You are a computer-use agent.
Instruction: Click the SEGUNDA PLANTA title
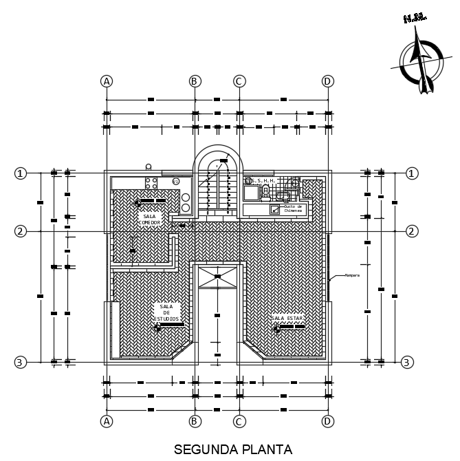click(233, 449)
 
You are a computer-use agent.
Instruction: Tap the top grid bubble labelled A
click(106, 81)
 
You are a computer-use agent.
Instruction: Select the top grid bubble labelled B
click(195, 81)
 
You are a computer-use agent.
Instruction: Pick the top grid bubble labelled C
click(239, 81)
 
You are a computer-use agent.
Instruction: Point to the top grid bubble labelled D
click(327, 81)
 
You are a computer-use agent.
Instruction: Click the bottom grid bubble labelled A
click(106, 420)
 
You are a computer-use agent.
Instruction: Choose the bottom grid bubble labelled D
click(327, 420)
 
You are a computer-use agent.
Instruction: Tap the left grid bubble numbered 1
click(21, 173)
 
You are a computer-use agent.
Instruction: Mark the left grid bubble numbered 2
click(21, 231)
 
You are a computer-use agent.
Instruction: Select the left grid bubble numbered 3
click(21, 362)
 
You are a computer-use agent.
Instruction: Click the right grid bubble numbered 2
click(412, 231)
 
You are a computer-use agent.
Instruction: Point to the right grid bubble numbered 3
click(407, 362)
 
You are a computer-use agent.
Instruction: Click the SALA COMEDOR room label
click(149, 219)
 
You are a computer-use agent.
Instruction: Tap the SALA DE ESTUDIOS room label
click(166, 313)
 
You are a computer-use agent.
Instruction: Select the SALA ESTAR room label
click(287, 318)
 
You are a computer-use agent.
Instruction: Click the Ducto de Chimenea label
click(293, 208)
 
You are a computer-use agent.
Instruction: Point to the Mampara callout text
click(352, 275)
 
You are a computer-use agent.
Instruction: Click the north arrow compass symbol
click(421, 65)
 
